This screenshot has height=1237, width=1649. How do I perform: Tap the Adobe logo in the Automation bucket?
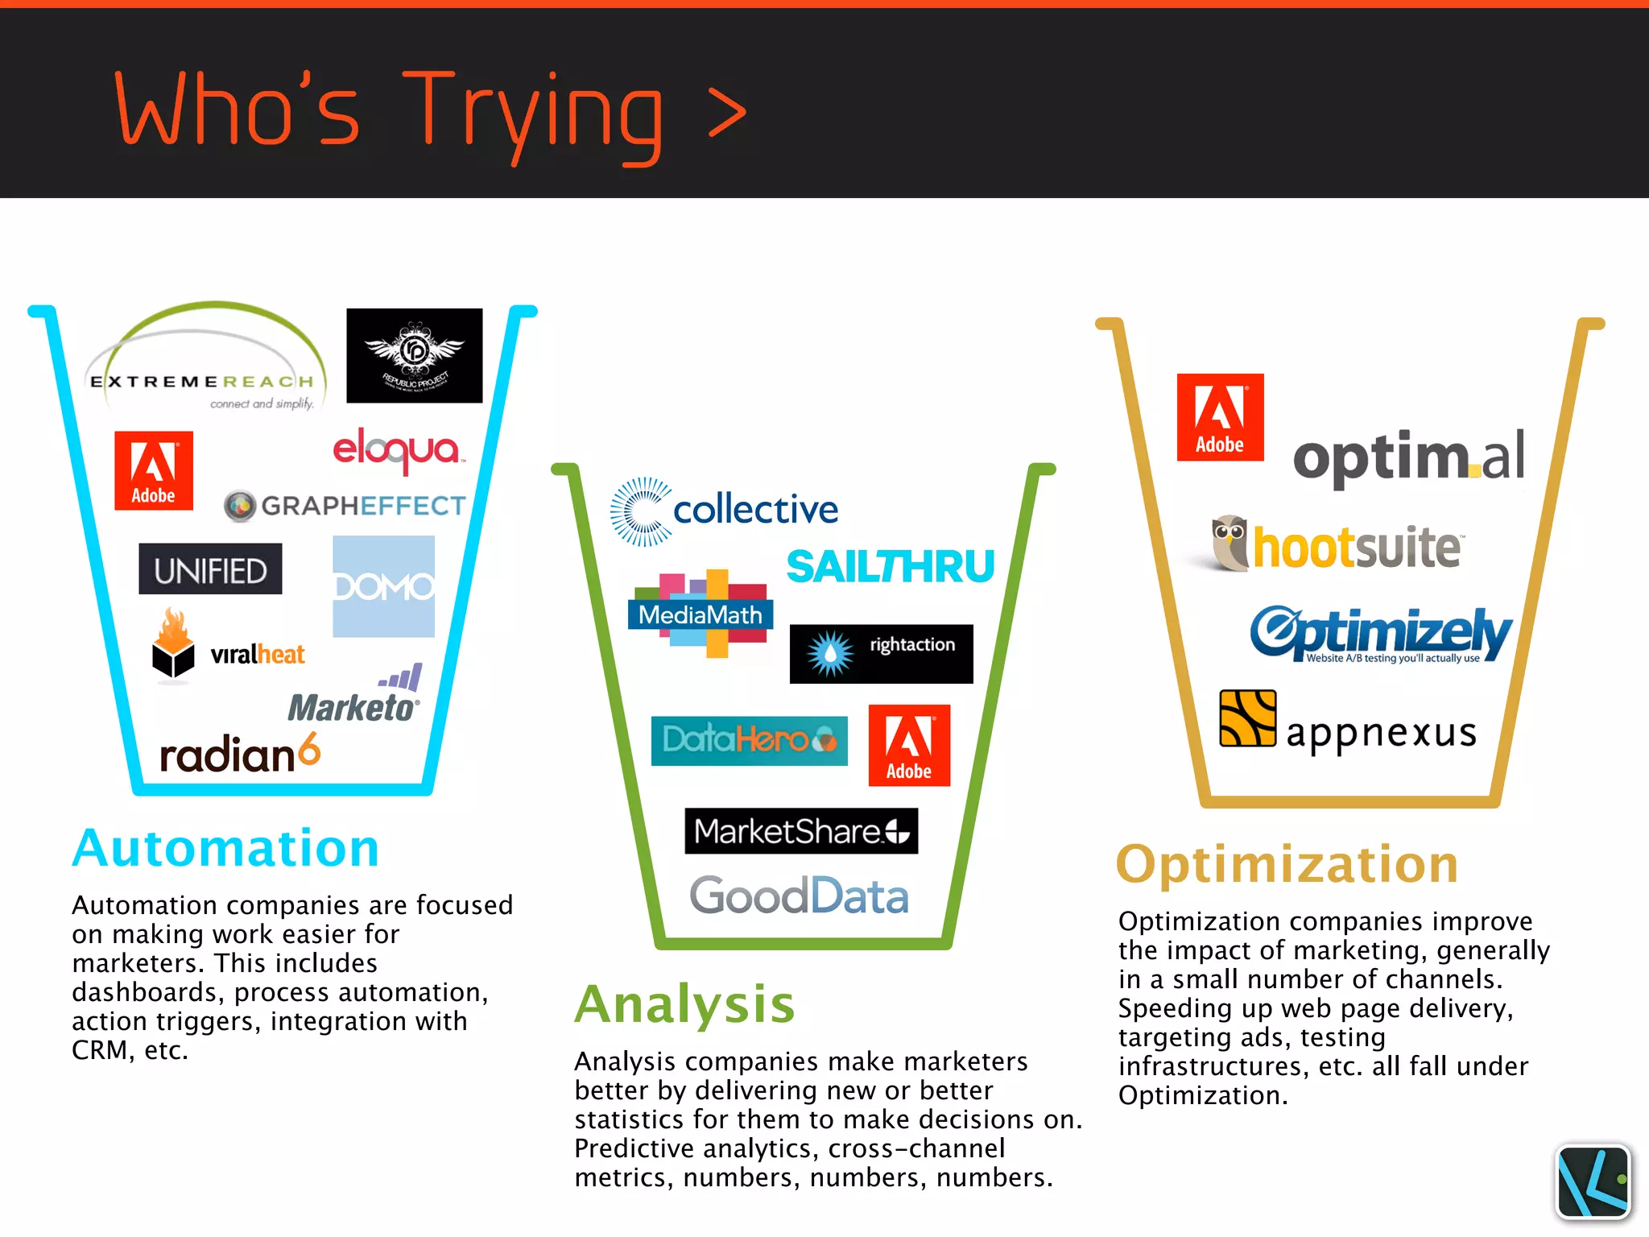coord(154,470)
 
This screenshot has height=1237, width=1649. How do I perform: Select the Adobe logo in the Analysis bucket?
coord(909,745)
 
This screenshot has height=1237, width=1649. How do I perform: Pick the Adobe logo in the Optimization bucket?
coord(1220,417)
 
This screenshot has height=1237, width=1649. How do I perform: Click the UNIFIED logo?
coord(210,569)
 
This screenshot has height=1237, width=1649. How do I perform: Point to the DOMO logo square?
coord(384,586)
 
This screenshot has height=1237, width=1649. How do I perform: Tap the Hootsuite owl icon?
coord(1230,543)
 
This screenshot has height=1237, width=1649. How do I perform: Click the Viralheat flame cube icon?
coord(173,644)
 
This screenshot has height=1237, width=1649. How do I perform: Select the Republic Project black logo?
coord(415,355)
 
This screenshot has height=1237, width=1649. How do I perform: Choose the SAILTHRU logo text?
coord(891,566)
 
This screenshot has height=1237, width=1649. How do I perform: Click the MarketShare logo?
coord(801,831)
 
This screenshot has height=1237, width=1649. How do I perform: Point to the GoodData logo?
coord(800,896)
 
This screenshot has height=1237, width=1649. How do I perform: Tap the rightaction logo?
coord(881,653)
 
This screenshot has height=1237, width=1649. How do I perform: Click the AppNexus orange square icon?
coord(1247,718)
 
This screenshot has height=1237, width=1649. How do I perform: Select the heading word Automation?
coord(225,848)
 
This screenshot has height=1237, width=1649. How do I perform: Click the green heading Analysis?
coord(684,1004)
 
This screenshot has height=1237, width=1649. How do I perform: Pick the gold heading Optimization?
coord(1287,864)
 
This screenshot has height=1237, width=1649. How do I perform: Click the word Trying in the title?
coord(532,113)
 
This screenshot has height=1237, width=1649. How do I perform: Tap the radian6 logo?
coord(240,754)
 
